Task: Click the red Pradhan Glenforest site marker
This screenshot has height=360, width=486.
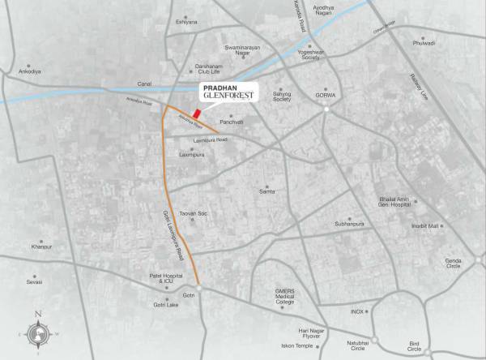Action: click(x=196, y=113)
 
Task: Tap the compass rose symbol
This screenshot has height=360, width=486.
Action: click(x=38, y=332)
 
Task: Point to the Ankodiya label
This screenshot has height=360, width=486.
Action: click(x=29, y=71)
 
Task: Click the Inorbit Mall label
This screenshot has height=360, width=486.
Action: click(x=424, y=225)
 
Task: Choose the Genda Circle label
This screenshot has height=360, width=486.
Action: click(x=453, y=264)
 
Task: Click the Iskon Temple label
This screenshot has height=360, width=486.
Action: click(x=296, y=345)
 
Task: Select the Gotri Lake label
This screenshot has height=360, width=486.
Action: click(x=166, y=305)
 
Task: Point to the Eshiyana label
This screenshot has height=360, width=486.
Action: click(x=186, y=23)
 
